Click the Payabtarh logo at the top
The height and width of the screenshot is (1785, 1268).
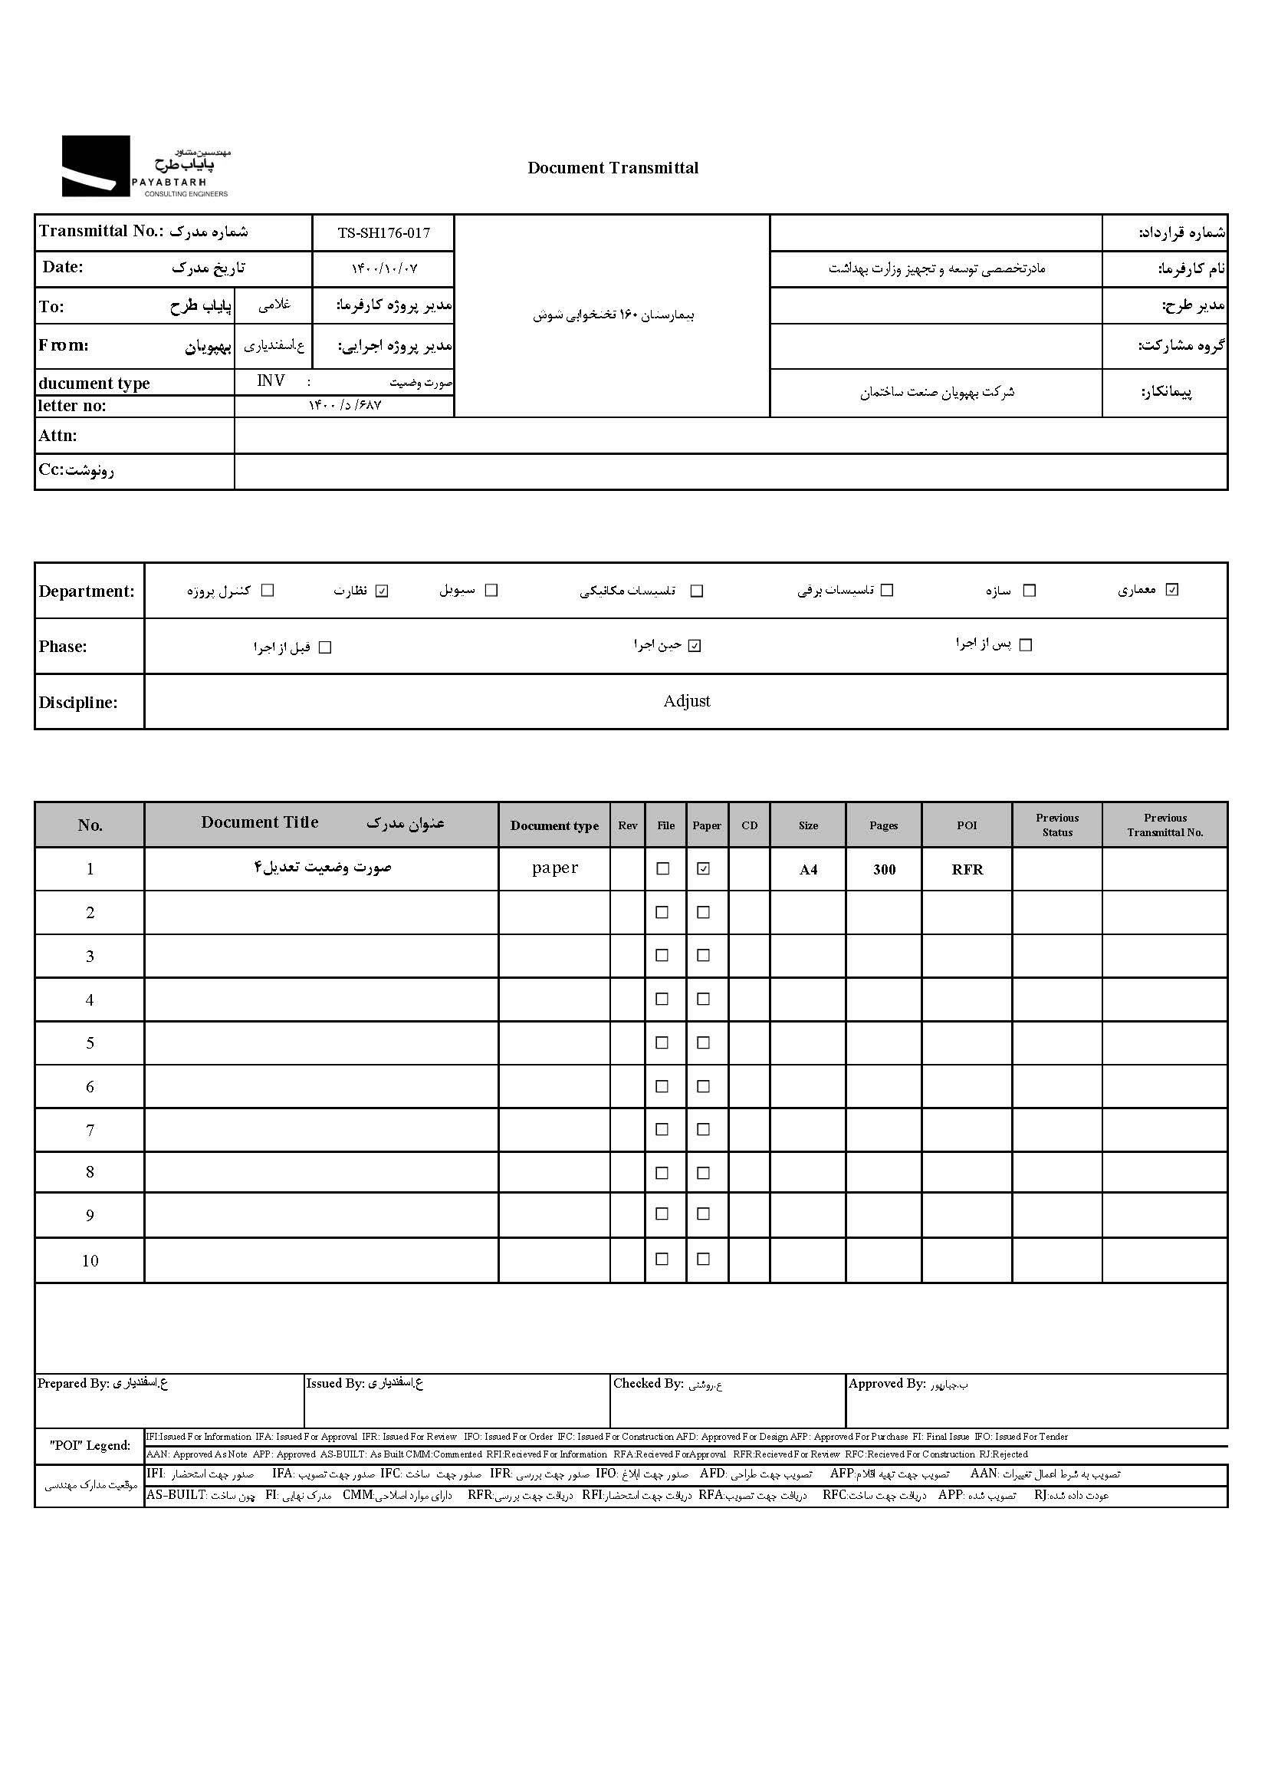pyautogui.click(x=145, y=166)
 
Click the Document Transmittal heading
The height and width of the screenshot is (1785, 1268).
pyautogui.click(x=613, y=168)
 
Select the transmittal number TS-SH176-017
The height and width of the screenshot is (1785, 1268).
pyautogui.click(x=383, y=232)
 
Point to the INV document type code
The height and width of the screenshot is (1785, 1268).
pyautogui.click(x=271, y=380)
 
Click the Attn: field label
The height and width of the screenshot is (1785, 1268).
pyautogui.click(x=58, y=436)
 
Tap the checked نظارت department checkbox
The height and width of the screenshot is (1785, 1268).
pyautogui.click(x=382, y=591)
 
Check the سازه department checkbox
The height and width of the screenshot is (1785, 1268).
pyautogui.click(x=1029, y=591)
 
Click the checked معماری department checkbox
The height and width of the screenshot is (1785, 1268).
pyautogui.click(x=1171, y=590)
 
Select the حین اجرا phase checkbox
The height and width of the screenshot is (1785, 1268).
pyautogui.click(x=695, y=646)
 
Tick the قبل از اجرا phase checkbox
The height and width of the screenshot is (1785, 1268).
pyautogui.click(x=326, y=647)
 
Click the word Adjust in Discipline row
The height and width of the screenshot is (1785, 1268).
pyautogui.click(x=686, y=700)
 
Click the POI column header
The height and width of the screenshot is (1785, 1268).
pyautogui.click(x=967, y=825)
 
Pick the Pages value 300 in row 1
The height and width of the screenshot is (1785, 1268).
pyautogui.click(x=884, y=869)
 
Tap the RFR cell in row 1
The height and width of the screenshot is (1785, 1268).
pyautogui.click(x=967, y=869)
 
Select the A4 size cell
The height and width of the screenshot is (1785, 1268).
pyautogui.click(x=808, y=869)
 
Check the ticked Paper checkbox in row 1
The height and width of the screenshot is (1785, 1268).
pyautogui.click(x=704, y=868)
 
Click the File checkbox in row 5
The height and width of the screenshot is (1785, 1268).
pyautogui.click(x=662, y=1043)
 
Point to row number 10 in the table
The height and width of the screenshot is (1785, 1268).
pyautogui.click(x=90, y=1260)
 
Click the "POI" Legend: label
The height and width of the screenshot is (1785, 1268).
pyautogui.click(x=90, y=1445)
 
